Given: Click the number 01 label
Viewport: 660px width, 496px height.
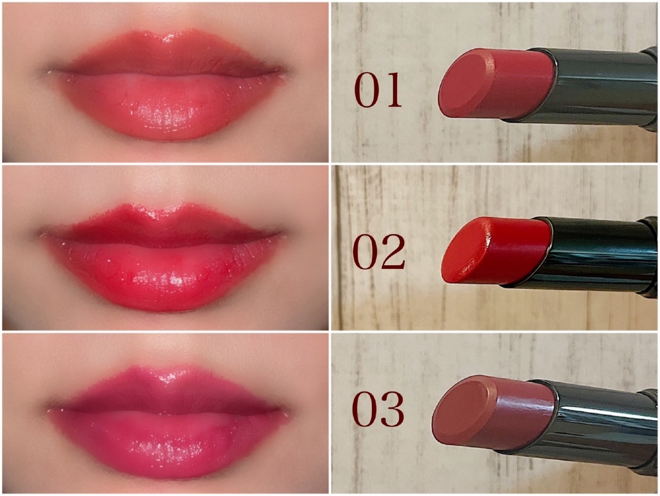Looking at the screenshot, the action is tap(378, 90).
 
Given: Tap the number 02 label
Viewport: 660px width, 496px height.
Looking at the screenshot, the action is tap(378, 252).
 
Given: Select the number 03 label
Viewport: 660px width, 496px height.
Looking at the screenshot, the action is tap(378, 410).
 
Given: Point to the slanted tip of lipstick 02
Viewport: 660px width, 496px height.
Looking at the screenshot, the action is tap(466, 250).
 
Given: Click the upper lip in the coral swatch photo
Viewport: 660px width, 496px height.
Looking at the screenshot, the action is tap(168, 55).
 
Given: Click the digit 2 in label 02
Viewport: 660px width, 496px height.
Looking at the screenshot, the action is tap(393, 252).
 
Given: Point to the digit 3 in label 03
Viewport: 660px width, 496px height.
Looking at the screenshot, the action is tap(392, 410).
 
